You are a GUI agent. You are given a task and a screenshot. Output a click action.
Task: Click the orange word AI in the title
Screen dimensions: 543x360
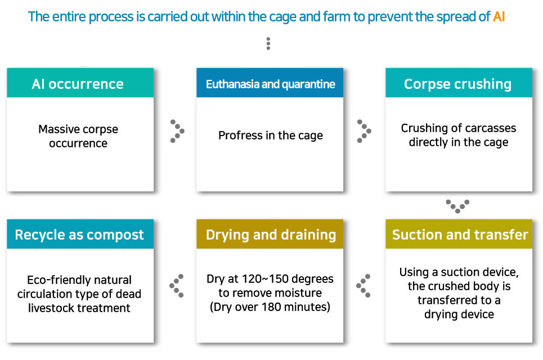(499, 17)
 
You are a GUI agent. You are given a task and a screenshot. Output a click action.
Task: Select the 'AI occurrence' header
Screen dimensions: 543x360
(78, 84)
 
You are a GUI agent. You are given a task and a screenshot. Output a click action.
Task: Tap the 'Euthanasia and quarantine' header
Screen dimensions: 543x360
(271, 84)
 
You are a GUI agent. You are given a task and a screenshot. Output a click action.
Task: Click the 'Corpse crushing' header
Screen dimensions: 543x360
(458, 84)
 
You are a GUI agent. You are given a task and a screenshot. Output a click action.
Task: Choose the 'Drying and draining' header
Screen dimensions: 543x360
(271, 235)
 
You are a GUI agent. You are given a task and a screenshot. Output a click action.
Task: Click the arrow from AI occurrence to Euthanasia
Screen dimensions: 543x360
(177, 131)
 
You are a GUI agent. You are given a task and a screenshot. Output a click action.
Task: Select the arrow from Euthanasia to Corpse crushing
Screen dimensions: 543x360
(364, 131)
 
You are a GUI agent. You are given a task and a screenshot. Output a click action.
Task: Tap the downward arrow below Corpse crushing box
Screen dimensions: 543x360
(457, 206)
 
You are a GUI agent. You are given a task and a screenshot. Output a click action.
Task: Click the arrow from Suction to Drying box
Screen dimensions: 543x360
(364, 286)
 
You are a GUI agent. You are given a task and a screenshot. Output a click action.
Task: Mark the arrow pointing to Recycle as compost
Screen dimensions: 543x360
(176, 286)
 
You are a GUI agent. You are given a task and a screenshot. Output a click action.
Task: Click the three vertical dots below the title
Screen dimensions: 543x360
(268, 44)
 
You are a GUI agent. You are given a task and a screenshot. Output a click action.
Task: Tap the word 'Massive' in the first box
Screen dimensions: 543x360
(59, 129)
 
